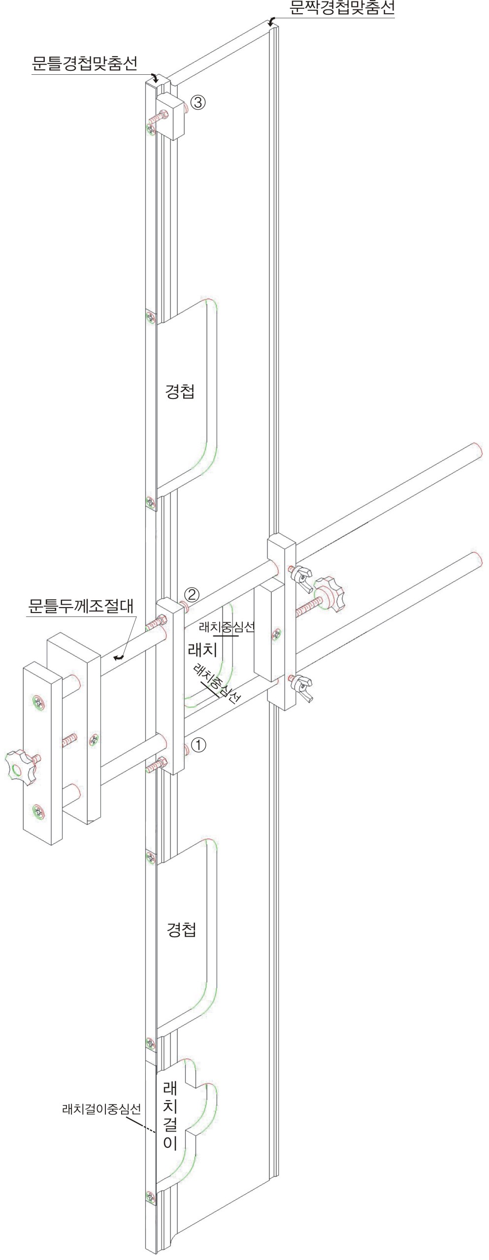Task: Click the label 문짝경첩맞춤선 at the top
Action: [342, 8]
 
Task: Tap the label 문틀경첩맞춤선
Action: [84, 63]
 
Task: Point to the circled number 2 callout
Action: [192, 595]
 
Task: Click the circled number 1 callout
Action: [198, 745]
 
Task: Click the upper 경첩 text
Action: [180, 392]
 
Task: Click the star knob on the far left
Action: [21, 765]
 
